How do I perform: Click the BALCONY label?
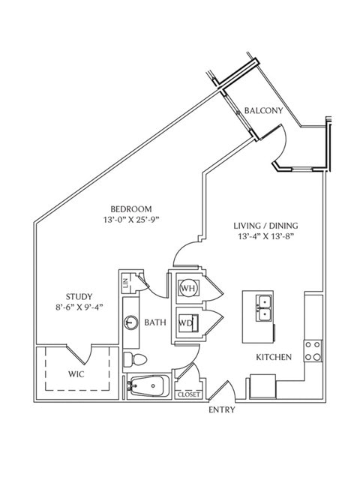263,110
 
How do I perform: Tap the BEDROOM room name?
131,209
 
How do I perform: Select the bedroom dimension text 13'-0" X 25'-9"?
132,220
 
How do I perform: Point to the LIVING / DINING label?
265,226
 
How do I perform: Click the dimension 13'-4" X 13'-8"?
265,236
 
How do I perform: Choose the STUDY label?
79,297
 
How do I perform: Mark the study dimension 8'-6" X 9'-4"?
79,307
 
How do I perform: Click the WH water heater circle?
189,288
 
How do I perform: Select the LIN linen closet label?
125,283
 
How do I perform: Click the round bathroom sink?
131,322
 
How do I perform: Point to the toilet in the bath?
135,358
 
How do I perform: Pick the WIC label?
76,374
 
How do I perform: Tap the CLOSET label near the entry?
188,394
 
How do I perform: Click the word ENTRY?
222,409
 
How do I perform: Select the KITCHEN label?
274,357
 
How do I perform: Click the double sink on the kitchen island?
263,308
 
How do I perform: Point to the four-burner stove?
313,351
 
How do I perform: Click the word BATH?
155,322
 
